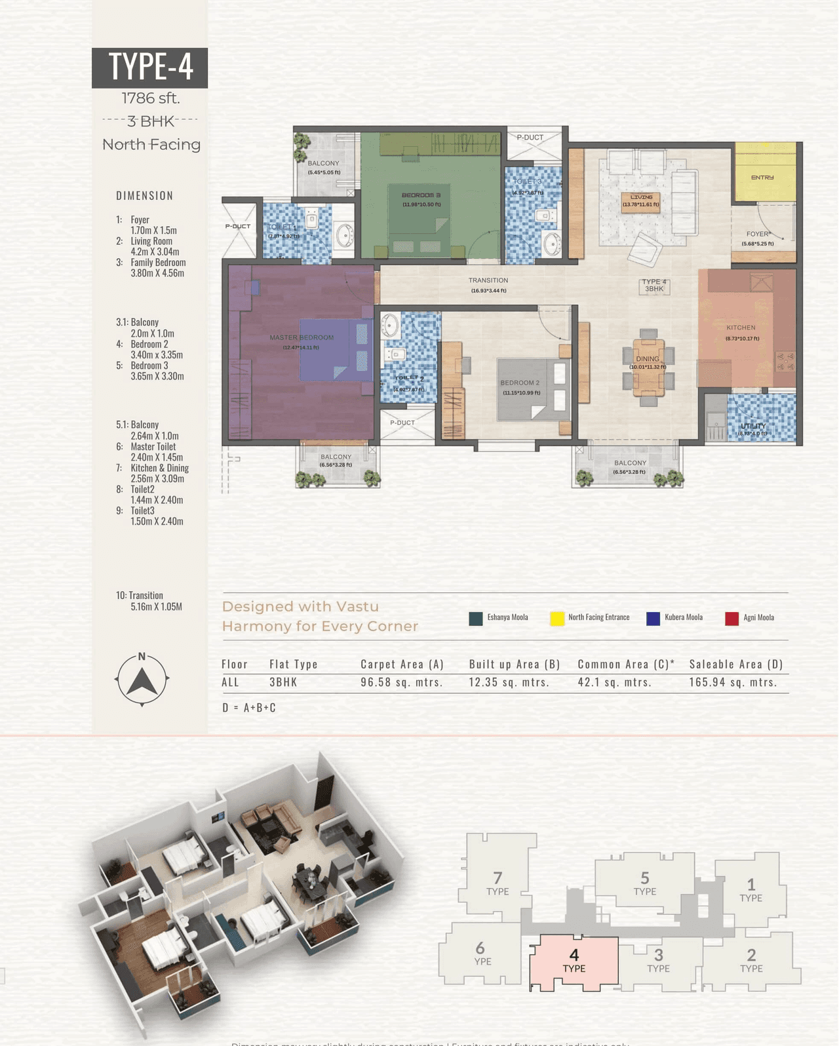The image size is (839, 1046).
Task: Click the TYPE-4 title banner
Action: point(149,67)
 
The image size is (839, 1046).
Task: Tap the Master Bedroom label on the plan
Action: point(302,338)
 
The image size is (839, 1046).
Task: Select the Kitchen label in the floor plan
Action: point(741,328)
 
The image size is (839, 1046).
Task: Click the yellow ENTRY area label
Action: point(762,178)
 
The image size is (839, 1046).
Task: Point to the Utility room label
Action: point(753,427)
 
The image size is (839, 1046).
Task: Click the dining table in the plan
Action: point(648,368)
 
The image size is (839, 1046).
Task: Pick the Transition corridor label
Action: point(488,281)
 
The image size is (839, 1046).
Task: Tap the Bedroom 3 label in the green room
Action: point(421,195)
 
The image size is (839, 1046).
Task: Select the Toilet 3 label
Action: point(527,182)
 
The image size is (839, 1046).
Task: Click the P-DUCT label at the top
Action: point(530,138)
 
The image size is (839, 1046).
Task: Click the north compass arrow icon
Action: point(142,680)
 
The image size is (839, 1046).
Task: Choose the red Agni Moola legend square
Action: point(732,618)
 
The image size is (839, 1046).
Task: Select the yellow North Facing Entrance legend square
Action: point(557,618)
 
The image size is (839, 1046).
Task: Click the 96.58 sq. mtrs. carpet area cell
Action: point(402,682)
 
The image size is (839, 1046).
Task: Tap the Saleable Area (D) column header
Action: point(736,664)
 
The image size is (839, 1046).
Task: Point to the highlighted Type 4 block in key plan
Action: point(574,961)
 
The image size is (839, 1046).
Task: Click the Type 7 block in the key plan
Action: point(498,883)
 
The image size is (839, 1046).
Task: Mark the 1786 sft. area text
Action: point(150,98)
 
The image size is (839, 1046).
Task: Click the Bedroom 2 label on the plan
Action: point(520,383)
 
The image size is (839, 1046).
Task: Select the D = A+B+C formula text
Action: point(249,708)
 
